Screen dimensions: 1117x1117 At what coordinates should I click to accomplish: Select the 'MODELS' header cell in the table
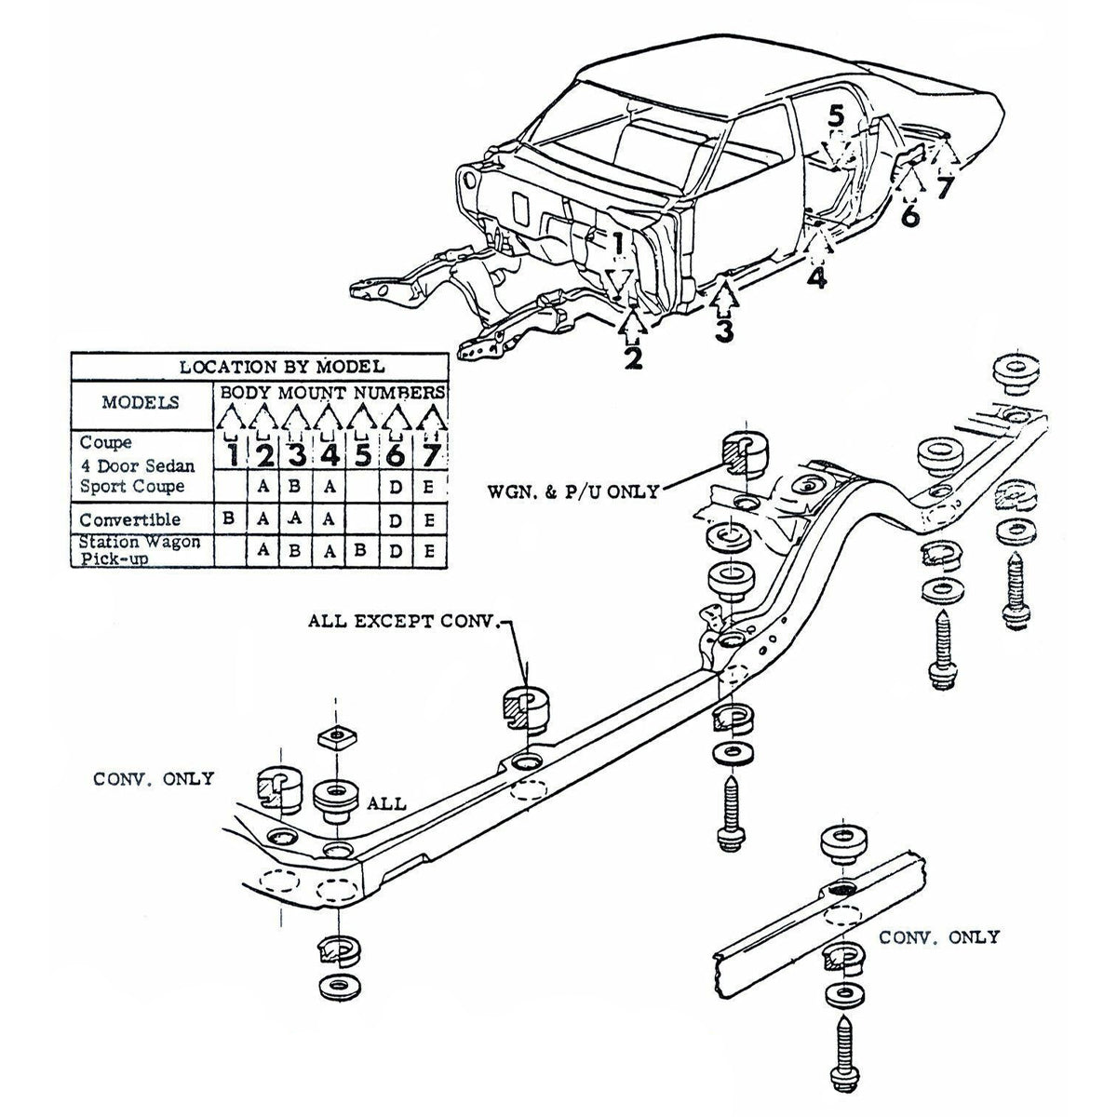pos(141,403)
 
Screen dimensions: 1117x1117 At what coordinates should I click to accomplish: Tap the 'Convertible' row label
pos(129,519)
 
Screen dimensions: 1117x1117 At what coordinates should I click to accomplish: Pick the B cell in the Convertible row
pos(229,519)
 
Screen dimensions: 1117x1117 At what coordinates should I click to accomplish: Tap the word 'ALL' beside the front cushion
pos(386,802)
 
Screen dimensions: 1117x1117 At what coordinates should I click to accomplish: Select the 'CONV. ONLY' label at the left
pos(154,778)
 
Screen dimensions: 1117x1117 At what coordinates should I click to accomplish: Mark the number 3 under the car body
pos(724,330)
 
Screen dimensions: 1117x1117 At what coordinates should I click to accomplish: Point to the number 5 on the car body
pos(837,116)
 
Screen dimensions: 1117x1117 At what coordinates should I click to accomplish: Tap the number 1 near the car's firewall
pos(617,244)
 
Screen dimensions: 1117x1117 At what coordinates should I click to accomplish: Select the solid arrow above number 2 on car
pos(633,323)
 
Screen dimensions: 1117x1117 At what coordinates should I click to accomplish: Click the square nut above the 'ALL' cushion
pos(334,738)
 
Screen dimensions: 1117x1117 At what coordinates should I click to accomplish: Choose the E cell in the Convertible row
pos(428,519)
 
